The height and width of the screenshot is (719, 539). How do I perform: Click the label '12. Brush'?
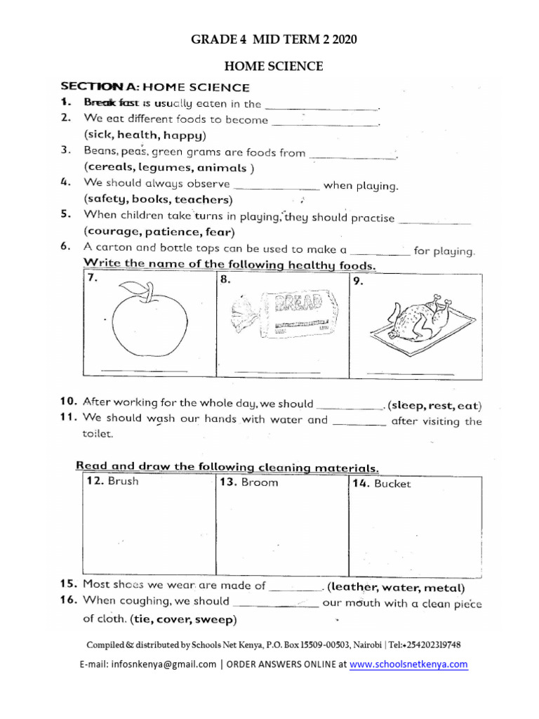click(112, 482)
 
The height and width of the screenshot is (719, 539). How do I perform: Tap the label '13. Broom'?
click(248, 482)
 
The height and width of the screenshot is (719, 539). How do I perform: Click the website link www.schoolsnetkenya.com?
click(408, 664)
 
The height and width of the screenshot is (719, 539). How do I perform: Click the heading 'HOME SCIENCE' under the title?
click(273, 67)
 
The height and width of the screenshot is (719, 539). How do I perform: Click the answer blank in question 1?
click(322, 108)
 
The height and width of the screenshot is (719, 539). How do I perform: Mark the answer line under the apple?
click(144, 370)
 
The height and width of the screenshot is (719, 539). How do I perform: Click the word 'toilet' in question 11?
click(98, 434)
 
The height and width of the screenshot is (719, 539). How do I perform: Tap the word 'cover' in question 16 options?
click(175, 620)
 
